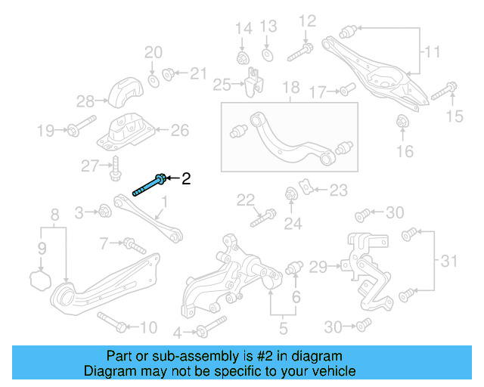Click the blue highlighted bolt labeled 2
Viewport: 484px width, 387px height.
[x=150, y=184]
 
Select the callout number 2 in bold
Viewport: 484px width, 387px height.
[x=186, y=179]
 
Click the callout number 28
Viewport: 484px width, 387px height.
[x=85, y=101]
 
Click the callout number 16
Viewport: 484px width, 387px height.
[x=405, y=151]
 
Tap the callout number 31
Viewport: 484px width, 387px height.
[x=449, y=262]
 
